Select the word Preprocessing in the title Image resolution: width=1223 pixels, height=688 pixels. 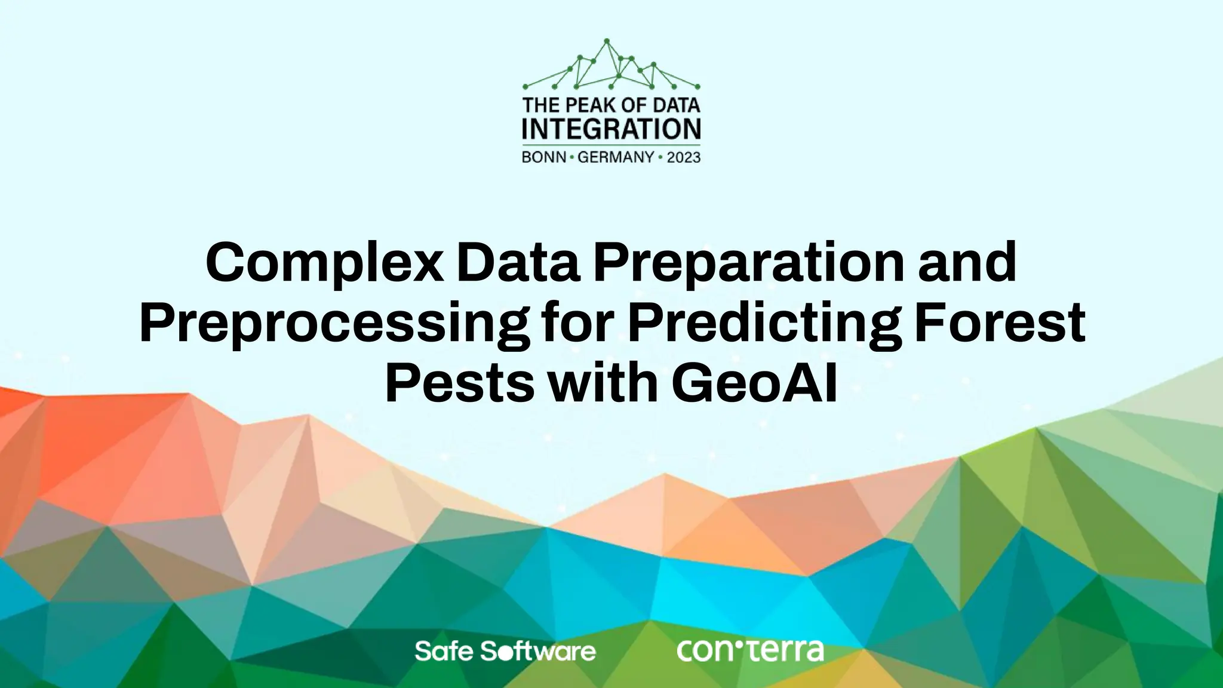point(334,323)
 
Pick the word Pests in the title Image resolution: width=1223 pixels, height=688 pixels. point(459,383)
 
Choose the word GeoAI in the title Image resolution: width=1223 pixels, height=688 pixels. point(754,383)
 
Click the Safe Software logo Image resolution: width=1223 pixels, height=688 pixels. point(505,651)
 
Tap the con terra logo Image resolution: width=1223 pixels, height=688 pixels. point(750,650)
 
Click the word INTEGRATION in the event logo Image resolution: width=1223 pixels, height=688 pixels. point(611,130)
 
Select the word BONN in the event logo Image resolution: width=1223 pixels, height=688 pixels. point(544,158)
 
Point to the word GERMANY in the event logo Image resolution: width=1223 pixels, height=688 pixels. point(616,158)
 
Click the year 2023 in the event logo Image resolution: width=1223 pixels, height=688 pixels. point(684,158)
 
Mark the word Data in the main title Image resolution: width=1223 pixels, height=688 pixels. point(518,263)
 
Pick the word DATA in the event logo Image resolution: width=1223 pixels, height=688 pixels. point(676,106)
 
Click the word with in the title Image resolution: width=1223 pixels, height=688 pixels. point(603,383)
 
